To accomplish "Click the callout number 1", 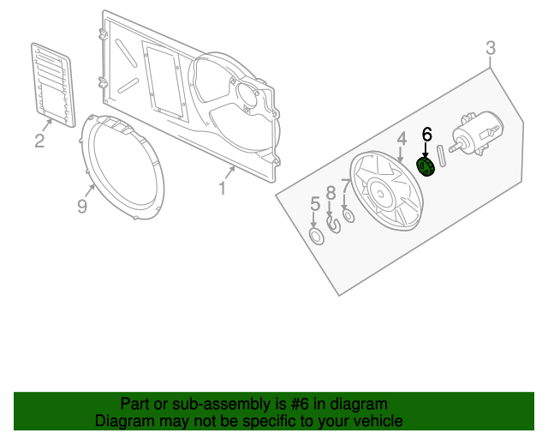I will [222, 187].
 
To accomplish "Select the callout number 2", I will [39, 141].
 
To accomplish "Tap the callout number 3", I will [491, 48].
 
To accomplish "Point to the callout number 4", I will [401, 139].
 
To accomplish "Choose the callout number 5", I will [314, 204].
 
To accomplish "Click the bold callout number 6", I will [426, 134].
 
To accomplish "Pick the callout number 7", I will [345, 186].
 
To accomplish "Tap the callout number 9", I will [82, 207].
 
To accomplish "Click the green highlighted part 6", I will [426, 166].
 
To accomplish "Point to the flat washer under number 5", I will [316, 235].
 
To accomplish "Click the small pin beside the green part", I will [443, 158].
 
